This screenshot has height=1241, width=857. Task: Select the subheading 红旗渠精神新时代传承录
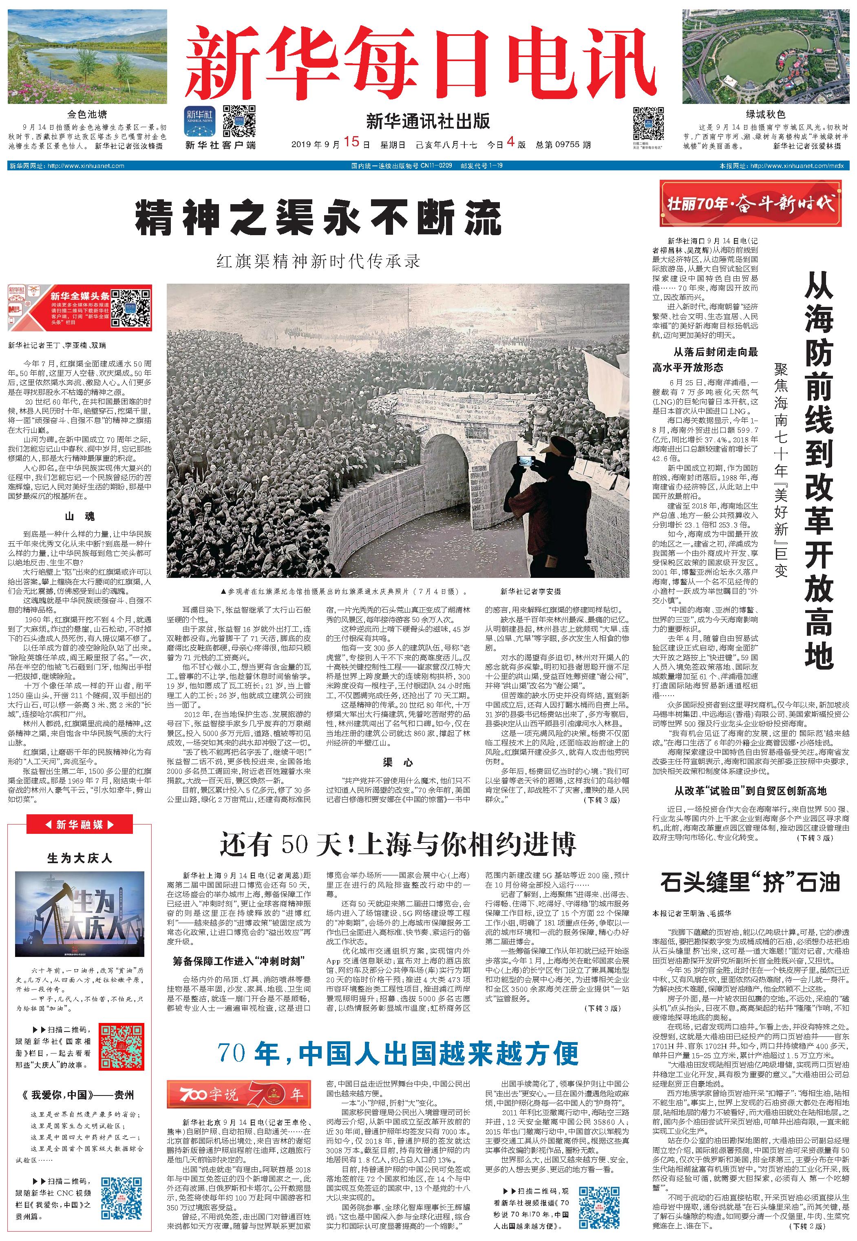coord(318,261)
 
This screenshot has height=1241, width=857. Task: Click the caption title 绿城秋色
coord(765,115)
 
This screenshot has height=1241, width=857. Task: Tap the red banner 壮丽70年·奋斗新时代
coord(750,204)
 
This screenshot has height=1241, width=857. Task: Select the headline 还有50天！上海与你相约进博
coord(398,844)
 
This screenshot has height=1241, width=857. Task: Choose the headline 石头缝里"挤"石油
coord(750,882)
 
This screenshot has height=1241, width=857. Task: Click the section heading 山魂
coord(80,516)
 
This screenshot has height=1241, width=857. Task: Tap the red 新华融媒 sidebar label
coord(79,824)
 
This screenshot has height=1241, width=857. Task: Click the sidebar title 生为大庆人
coord(79,858)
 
